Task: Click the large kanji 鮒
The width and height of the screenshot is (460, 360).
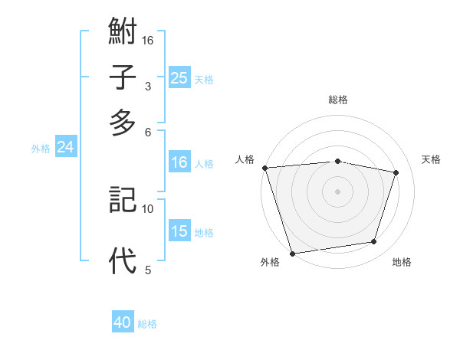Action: [123, 33]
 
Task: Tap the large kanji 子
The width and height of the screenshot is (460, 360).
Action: [123, 77]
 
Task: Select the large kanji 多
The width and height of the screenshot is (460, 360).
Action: [123, 123]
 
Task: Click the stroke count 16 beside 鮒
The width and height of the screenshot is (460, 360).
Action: [149, 40]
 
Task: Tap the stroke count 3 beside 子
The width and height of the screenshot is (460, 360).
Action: [147, 86]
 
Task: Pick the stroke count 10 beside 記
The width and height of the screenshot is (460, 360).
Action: [148, 208]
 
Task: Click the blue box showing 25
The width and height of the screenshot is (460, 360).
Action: [179, 77]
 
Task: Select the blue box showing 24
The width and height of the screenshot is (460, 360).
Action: [65, 147]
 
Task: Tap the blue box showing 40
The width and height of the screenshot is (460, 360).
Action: [123, 322]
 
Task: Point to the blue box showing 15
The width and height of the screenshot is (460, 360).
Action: [179, 231]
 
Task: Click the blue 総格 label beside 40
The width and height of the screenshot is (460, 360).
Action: [147, 324]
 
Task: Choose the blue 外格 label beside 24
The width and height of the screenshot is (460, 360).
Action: [41, 149]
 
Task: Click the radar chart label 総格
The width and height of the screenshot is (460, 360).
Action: [338, 100]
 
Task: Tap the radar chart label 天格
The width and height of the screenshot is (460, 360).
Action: [432, 159]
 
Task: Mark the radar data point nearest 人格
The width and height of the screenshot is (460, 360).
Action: [264, 168]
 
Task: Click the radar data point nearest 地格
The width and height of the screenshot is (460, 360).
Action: [374, 242]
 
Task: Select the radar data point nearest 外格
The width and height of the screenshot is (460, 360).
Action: [293, 253]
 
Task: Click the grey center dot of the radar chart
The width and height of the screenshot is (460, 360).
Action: [338, 191]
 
